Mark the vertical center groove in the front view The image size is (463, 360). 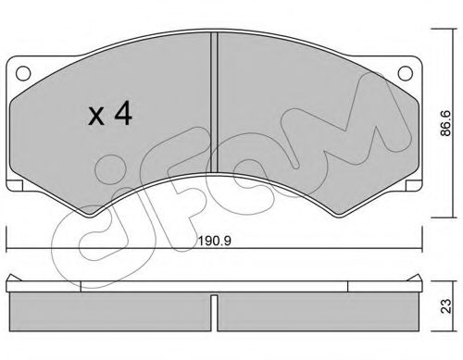coord(215,102)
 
